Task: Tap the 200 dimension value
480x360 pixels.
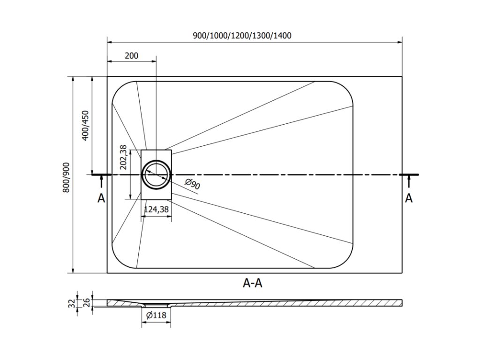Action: pyautogui.click(x=132, y=55)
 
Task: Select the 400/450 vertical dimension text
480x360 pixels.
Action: pyautogui.click(x=85, y=126)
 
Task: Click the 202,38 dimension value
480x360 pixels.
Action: pyautogui.click(x=123, y=157)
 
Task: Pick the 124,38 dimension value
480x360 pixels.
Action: pyautogui.click(x=156, y=210)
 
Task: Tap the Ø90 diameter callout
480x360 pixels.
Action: pyautogui.click(x=192, y=184)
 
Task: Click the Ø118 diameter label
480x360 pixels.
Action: pyautogui.click(x=156, y=315)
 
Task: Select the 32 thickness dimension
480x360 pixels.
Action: pyautogui.click(x=72, y=303)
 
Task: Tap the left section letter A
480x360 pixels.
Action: pyautogui.click(x=101, y=199)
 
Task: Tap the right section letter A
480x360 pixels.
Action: pyautogui.click(x=409, y=198)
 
